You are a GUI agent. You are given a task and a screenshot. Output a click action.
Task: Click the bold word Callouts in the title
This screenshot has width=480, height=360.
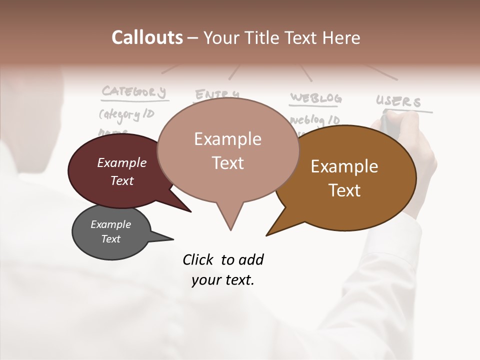[147, 37]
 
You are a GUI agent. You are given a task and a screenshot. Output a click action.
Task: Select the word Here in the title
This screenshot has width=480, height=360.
[341, 37]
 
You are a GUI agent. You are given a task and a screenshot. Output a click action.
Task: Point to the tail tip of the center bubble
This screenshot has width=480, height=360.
[230, 229]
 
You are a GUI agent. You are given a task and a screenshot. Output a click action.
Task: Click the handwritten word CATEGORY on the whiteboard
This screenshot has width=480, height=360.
[133, 91]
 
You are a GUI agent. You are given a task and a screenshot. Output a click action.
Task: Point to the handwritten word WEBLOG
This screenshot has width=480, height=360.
[316, 97]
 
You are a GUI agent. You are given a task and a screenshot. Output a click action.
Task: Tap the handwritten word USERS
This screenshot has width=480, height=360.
[398, 101]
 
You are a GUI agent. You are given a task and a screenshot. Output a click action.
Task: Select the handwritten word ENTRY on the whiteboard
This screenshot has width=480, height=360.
[216, 94]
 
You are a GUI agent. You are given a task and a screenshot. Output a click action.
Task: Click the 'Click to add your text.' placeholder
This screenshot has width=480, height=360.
[223, 269]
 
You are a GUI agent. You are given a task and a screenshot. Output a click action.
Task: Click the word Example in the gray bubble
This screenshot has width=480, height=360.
[111, 224]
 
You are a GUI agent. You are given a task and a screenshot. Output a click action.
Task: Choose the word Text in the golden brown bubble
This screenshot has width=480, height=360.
[344, 190]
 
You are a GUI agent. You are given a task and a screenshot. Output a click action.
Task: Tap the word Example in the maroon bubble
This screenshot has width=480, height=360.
[122, 162]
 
